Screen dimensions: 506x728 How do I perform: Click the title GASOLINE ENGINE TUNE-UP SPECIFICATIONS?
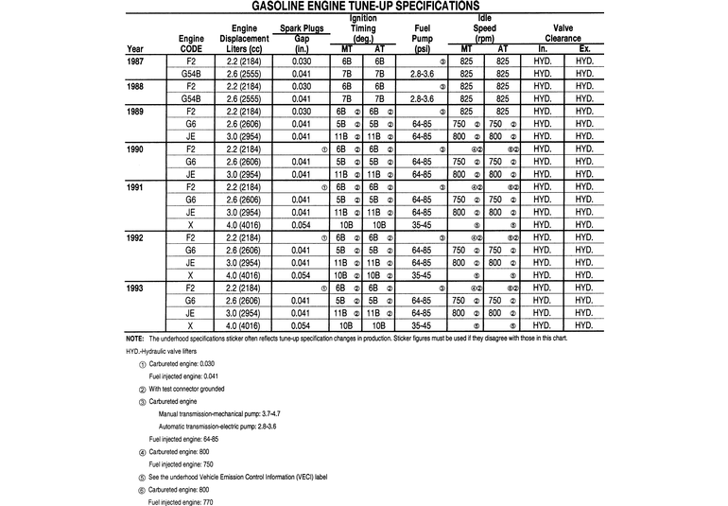(364, 6)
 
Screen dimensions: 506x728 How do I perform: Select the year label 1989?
(135, 112)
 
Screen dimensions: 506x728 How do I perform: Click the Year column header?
(135, 49)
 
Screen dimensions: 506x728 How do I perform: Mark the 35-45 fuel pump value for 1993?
(423, 324)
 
